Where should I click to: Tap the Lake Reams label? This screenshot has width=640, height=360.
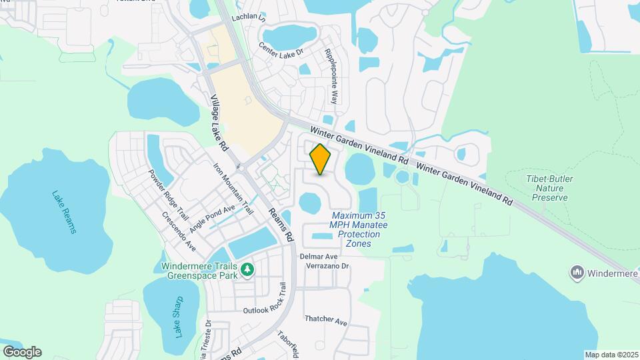click(x=65, y=212)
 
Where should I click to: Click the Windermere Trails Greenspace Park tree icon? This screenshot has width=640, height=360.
click(x=248, y=269)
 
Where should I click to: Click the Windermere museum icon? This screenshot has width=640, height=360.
click(x=577, y=272)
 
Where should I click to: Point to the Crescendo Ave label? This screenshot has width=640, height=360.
click(x=179, y=231)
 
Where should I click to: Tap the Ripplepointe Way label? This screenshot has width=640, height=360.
click(x=331, y=75)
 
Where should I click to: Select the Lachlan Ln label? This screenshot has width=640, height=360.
click(x=249, y=19)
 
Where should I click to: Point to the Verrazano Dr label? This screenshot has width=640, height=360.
click(x=327, y=265)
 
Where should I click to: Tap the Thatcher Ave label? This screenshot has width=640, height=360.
click(x=326, y=321)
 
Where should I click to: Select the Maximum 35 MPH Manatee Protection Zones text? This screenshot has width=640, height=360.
click(x=359, y=230)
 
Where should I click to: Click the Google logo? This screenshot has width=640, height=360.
click(x=22, y=352)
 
